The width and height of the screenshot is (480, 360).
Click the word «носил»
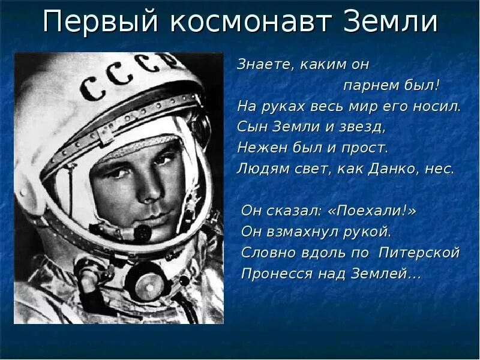(440, 106)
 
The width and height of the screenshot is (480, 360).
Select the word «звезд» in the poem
(364, 127)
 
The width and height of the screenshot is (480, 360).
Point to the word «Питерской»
(419, 253)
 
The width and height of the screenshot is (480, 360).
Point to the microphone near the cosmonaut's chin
(142, 232)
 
